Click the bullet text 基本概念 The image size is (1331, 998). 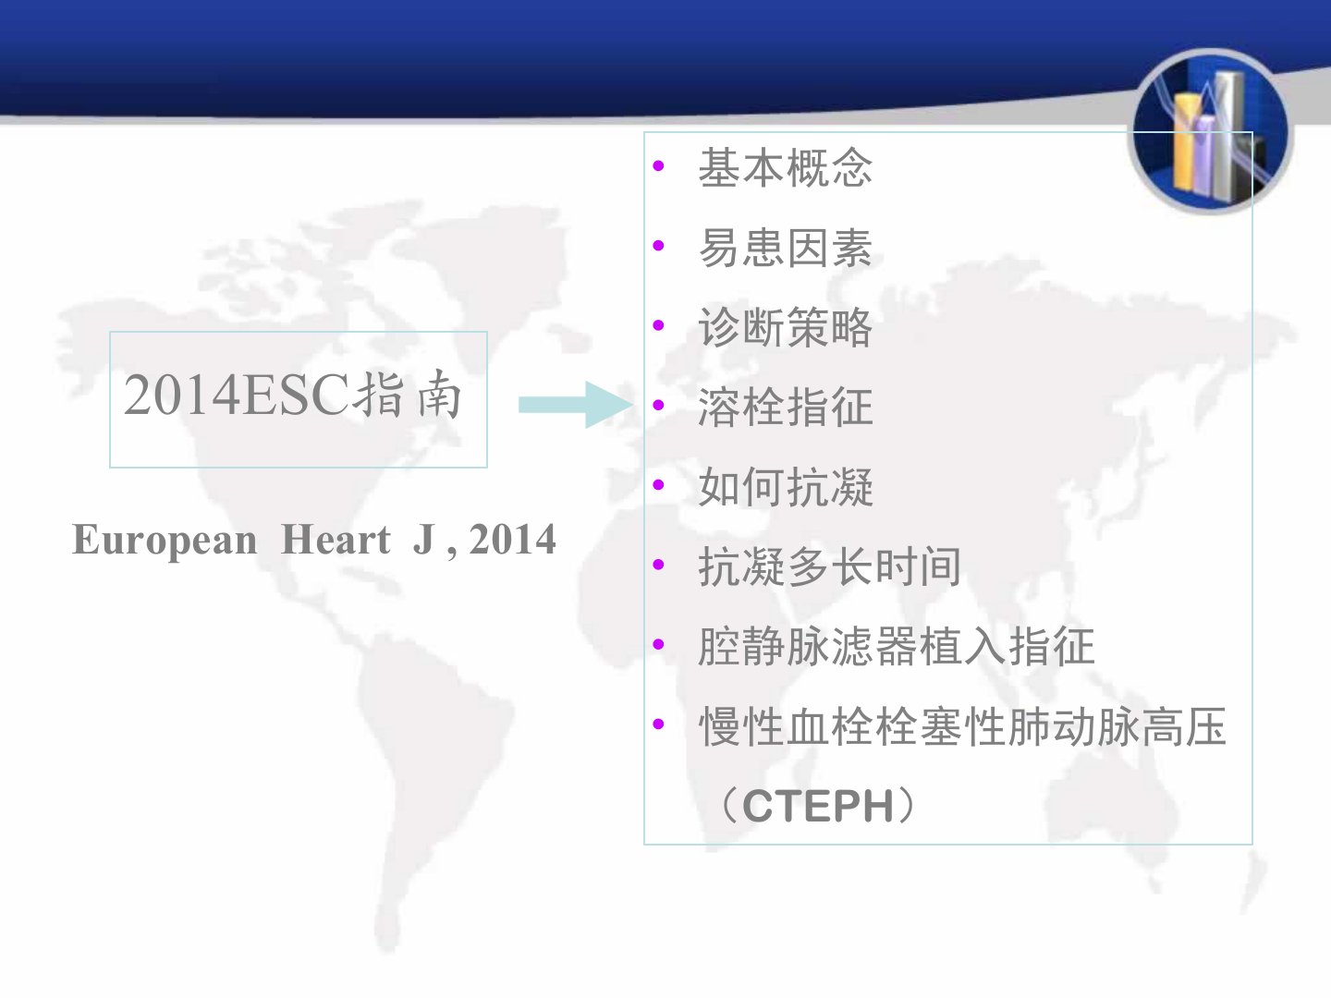click(x=786, y=168)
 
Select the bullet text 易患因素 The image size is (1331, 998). click(x=786, y=248)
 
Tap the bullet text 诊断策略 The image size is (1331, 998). click(x=786, y=327)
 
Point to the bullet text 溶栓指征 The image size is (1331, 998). click(x=786, y=407)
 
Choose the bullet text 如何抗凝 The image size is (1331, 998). click(x=786, y=487)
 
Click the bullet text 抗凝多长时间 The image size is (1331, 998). click(x=829, y=566)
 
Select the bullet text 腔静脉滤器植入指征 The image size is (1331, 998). click(x=897, y=646)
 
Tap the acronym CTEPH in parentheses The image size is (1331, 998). click(x=818, y=806)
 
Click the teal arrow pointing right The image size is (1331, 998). click(x=576, y=405)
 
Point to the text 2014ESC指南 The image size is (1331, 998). click(x=293, y=396)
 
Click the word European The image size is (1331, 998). click(x=165, y=540)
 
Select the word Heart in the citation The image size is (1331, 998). click(x=336, y=539)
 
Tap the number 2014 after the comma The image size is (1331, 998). click(x=512, y=539)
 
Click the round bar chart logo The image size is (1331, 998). click(x=1210, y=131)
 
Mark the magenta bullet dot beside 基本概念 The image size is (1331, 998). click(x=658, y=165)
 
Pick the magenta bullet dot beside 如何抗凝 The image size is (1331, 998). click(x=658, y=485)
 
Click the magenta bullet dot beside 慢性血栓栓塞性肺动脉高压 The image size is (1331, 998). click(x=658, y=724)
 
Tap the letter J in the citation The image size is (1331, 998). click(x=423, y=539)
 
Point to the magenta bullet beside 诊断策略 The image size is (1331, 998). click(x=658, y=324)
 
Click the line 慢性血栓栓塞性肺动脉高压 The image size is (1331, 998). click(x=962, y=726)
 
